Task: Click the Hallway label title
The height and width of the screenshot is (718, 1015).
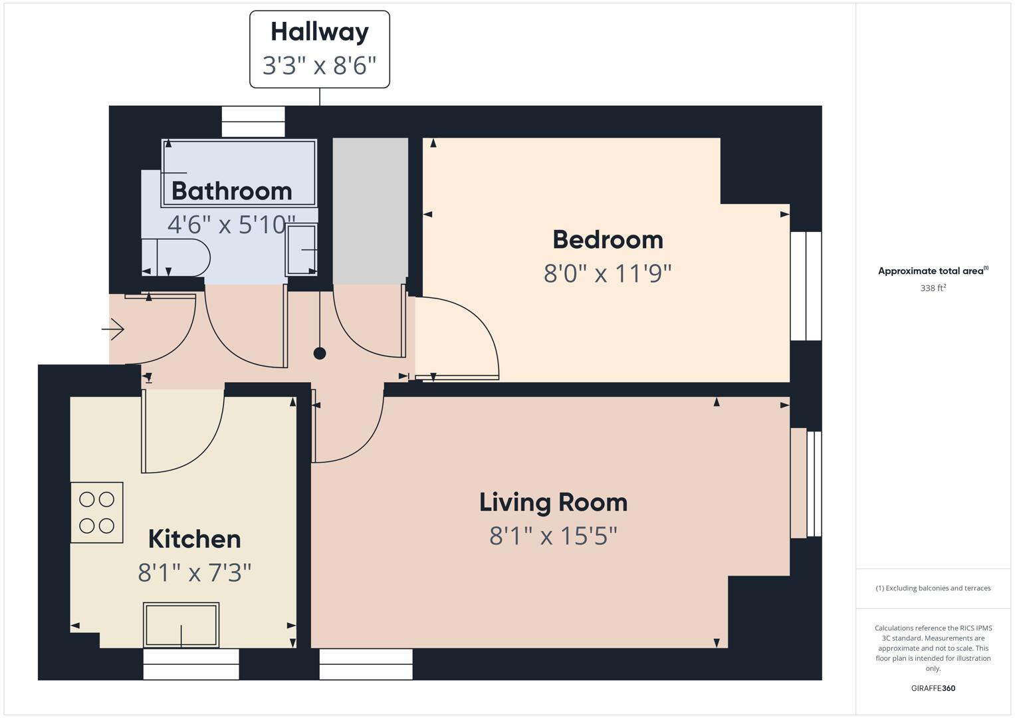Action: [319, 32]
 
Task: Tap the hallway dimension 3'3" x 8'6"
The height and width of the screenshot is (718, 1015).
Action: [319, 66]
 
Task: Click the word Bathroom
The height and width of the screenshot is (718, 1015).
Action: [231, 191]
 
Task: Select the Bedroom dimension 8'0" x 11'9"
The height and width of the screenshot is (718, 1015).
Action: [608, 273]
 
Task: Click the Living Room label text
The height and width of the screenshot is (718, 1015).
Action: [553, 502]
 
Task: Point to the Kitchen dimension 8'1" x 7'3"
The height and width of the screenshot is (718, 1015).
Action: [194, 572]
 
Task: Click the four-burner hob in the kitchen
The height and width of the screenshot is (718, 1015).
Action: [97, 513]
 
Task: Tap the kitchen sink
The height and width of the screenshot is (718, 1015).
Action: [181, 625]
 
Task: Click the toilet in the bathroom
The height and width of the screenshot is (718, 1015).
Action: [176, 258]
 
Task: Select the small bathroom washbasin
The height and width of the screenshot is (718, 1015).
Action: [301, 250]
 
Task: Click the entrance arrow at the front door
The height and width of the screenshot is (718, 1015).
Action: [114, 328]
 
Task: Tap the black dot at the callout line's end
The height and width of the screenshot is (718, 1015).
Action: [320, 353]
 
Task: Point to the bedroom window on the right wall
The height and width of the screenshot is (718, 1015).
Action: [806, 286]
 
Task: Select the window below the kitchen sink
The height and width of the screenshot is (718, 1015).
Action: [191, 664]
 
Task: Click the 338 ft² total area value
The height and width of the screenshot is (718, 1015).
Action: [933, 288]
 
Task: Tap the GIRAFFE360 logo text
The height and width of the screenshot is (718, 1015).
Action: [933, 688]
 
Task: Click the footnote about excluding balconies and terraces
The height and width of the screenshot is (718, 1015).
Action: [933, 588]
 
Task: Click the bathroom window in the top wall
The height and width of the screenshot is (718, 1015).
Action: [253, 122]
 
